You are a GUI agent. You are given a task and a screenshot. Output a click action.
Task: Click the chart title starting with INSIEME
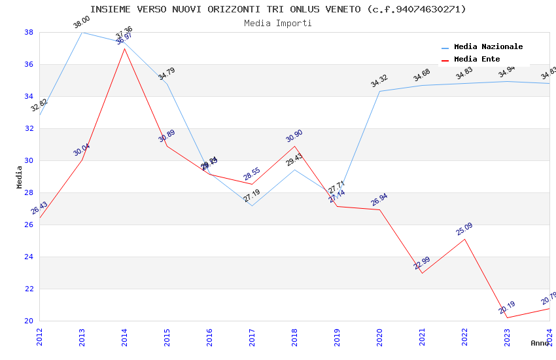coord(278,9)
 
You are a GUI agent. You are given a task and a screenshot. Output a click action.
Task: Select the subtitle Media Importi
coord(278,23)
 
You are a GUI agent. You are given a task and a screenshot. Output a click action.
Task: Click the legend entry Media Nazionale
coord(488,47)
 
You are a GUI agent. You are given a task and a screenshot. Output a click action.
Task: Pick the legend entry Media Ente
coord(477,60)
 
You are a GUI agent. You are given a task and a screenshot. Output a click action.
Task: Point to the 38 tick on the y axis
coord(29,32)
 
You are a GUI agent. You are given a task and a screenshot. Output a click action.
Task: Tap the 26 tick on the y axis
coord(29,225)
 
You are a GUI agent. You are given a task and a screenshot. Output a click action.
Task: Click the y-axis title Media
coord(20,177)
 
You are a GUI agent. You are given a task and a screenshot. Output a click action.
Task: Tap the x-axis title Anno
coord(540,343)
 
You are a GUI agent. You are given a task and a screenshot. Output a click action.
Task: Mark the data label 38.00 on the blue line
coord(82,22)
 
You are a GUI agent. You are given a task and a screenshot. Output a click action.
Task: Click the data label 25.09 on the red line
coord(464,229)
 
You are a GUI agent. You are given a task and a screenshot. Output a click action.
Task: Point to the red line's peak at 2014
coord(124,48)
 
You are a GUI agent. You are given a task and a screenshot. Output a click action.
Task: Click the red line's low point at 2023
coord(507,317)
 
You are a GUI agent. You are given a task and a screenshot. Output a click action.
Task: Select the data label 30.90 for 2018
coord(294,136)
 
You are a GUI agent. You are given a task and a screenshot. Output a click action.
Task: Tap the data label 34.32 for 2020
coord(379,81)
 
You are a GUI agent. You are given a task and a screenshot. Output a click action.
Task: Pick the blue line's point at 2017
coord(252,206)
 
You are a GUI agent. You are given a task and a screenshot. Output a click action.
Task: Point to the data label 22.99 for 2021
coord(422,263)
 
